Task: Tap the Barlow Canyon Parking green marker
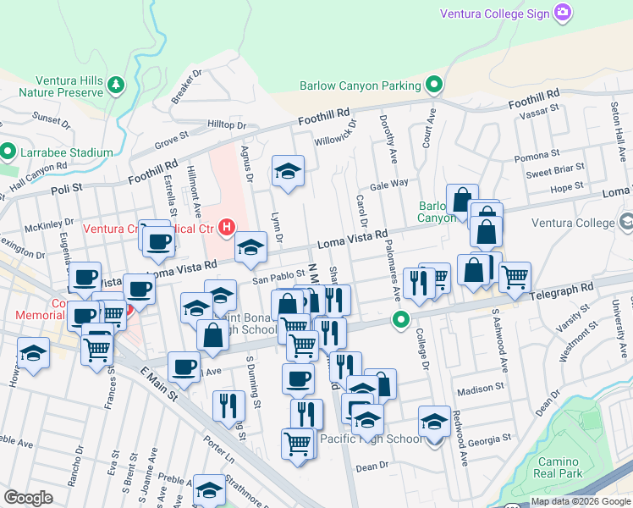(x=435, y=85)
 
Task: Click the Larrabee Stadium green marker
(x=8, y=152)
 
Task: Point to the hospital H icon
(x=226, y=227)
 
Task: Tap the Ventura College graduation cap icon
(x=626, y=223)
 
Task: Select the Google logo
(x=28, y=498)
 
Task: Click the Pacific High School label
(x=372, y=439)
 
